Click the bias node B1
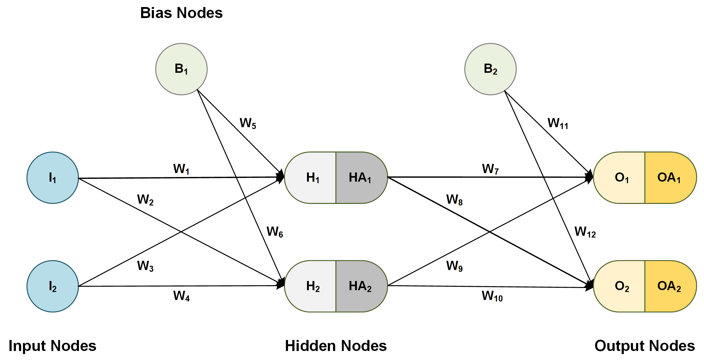point(181,69)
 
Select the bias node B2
point(490,69)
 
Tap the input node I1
point(53,178)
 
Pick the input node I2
point(53,286)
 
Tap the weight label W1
point(181,169)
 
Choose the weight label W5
point(248,123)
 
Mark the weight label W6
point(275,232)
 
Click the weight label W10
point(492,296)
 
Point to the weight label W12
point(585,232)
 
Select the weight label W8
point(454,200)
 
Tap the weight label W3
point(145,266)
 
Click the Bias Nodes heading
point(181,13)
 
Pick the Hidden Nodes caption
point(336,346)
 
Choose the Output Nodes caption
point(645,346)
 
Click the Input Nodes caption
point(52,346)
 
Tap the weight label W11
point(558,123)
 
